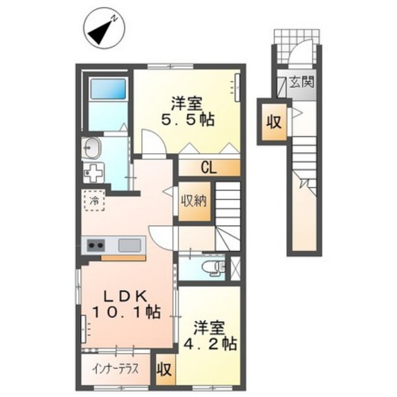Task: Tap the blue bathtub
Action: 108,89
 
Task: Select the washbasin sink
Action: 91,148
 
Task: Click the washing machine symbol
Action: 94,173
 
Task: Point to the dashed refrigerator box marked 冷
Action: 94,200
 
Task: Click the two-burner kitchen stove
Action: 96,245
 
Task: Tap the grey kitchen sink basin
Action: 130,245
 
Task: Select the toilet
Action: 214,268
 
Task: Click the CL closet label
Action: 209,167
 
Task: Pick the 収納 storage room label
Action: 194,201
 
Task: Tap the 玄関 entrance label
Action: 302,82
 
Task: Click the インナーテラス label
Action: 115,369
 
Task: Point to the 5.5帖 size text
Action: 188,120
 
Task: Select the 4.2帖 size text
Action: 210,343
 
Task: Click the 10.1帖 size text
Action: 126,312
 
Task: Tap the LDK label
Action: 126,296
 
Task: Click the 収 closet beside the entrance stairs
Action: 274,123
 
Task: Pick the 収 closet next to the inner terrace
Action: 165,370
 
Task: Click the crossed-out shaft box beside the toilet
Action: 235,268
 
